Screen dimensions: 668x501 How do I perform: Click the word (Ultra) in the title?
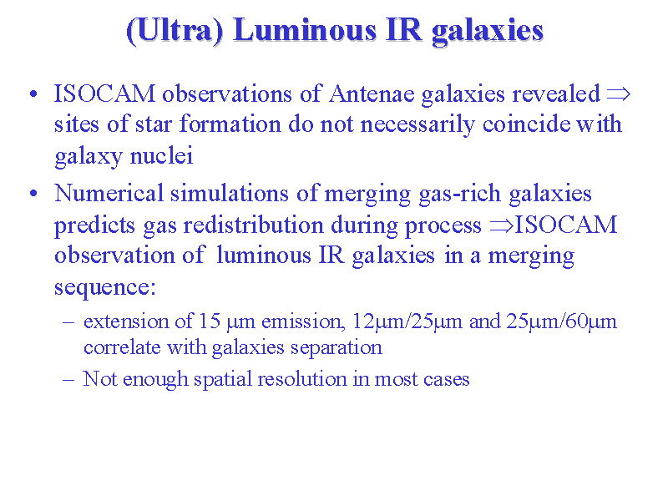tap(175, 31)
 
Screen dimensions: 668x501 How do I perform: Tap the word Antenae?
tap(372, 94)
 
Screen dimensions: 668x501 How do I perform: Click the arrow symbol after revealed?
tap(618, 94)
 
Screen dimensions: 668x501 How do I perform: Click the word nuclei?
tap(161, 155)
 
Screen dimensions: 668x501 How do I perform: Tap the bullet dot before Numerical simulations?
tap(33, 194)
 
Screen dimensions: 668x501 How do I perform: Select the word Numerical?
tap(109, 193)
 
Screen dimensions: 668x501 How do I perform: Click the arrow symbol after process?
tap(502, 225)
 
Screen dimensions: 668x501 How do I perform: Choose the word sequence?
tap(105, 287)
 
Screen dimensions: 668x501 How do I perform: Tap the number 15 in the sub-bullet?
tap(210, 321)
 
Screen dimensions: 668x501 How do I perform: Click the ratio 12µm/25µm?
tap(407, 321)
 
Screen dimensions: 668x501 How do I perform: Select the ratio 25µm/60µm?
tap(561, 321)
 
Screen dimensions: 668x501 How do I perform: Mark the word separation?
tap(337, 347)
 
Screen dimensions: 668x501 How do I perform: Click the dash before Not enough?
tap(68, 379)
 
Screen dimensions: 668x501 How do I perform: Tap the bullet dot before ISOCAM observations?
tap(33, 94)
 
